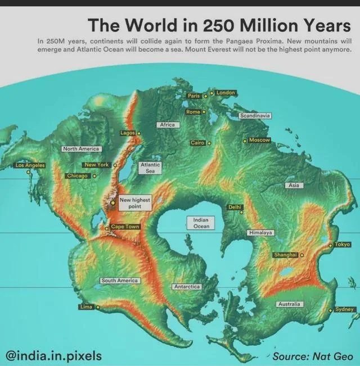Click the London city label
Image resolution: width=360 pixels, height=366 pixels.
click(x=226, y=92)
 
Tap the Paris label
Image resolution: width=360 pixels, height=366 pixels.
click(x=194, y=96)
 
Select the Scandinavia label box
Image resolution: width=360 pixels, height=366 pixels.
click(x=255, y=115)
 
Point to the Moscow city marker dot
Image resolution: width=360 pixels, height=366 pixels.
click(x=245, y=141)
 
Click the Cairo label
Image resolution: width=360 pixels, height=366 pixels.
click(x=197, y=143)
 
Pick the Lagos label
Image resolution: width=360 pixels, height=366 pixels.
click(x=128, y=133)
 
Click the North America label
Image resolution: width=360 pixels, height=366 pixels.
click(x=81, y=149)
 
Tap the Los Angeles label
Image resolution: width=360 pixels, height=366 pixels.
click(x=30, y=166)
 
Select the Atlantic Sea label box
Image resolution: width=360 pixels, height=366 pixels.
click(x=150, y=168)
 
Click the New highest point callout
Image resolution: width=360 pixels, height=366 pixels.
click(x=134, y=203)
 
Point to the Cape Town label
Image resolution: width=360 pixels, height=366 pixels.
click(x=124, y=227)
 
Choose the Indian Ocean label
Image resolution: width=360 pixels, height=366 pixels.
click(x=201, y=223)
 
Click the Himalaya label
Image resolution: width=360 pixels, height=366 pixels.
click(x=260, y=232)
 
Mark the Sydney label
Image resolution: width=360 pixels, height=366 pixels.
click(x=344, y=309)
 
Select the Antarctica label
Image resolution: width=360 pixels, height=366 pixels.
click(x=187, y=287)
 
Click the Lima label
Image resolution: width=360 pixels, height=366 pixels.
click(x=86, y=307)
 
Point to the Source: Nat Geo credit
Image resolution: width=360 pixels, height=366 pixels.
click(x=313, y=356)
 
